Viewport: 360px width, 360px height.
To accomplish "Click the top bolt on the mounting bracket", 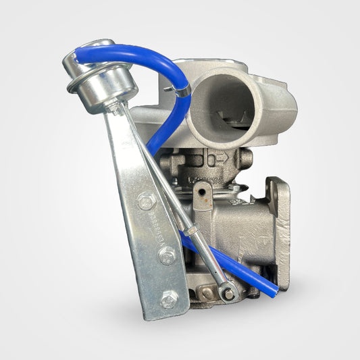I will point(145,200).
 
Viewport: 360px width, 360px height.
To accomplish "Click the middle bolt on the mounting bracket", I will point(166,255).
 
